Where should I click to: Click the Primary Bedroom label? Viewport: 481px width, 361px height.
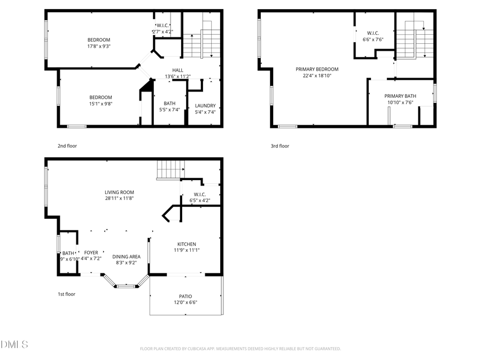(317, 69)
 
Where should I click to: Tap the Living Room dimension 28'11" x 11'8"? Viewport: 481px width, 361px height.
(119, 198)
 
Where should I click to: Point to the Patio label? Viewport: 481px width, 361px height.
(185, 296)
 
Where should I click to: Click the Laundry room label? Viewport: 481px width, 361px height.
(205, 105)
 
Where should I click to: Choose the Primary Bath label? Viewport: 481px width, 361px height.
(400, 96)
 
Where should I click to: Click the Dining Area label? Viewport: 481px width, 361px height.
(126, 257)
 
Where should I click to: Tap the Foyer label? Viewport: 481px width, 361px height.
(91, 252)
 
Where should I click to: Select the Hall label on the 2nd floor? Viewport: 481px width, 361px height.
(177, 70)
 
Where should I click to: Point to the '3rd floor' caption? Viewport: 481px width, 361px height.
(280, 145)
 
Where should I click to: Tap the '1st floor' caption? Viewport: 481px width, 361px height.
(66, 294)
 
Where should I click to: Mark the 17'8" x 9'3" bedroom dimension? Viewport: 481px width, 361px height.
(99, 47)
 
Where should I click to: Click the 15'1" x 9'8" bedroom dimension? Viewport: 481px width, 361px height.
(100, 104)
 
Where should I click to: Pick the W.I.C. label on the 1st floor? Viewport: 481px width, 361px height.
(200, 194)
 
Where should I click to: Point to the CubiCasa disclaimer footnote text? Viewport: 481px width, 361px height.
(240, 349)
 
